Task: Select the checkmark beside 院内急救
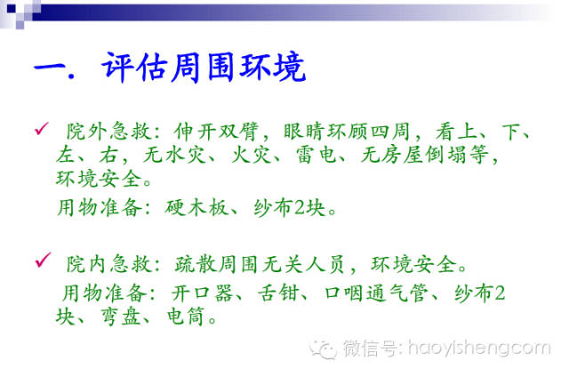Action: pyautogui.click(x=40, y=260)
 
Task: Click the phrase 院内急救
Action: pyautogui.click(x=99, y=264)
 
